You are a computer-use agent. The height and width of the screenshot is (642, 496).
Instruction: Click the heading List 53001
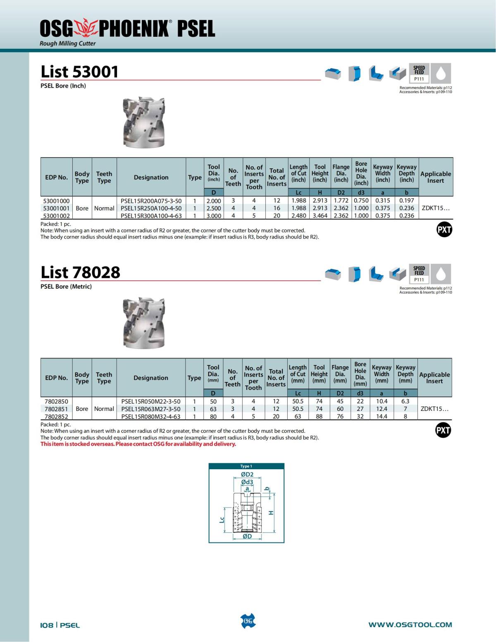[79, 72]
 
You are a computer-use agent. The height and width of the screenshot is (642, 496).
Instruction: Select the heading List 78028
[80, 272]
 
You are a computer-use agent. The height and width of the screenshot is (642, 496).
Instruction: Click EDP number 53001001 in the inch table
[57, 208]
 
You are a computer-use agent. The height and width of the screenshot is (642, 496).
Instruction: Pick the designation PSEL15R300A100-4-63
[151, 216]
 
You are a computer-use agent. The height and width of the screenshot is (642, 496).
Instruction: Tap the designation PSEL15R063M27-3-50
[151, 409]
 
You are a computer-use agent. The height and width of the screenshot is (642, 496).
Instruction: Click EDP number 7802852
[56, 416]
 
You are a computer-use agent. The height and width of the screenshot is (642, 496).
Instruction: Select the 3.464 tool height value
[320, 216]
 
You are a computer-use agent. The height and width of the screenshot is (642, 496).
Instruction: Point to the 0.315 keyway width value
[382, 201]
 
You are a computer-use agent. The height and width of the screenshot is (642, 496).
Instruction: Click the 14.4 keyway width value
[382, 416]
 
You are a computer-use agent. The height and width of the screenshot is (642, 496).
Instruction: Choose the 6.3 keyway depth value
[405, 401]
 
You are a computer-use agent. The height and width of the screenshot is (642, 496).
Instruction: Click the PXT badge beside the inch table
[444, 229]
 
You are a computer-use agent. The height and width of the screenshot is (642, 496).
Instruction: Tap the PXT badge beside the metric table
[443, 430]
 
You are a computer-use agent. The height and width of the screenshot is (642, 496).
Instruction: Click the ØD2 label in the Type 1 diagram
[247, 475]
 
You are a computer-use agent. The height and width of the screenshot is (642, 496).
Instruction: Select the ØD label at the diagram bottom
[247, 536]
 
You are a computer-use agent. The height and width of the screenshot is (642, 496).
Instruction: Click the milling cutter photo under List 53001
[144, 122]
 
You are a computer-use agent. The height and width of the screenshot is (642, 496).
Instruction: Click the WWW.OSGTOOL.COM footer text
[410, 625]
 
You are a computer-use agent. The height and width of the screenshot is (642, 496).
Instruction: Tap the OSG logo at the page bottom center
[248, 621]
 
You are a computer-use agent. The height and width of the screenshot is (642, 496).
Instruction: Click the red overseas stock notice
[138, 444]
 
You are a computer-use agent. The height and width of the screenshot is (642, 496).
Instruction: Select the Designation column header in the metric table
[151, 378]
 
